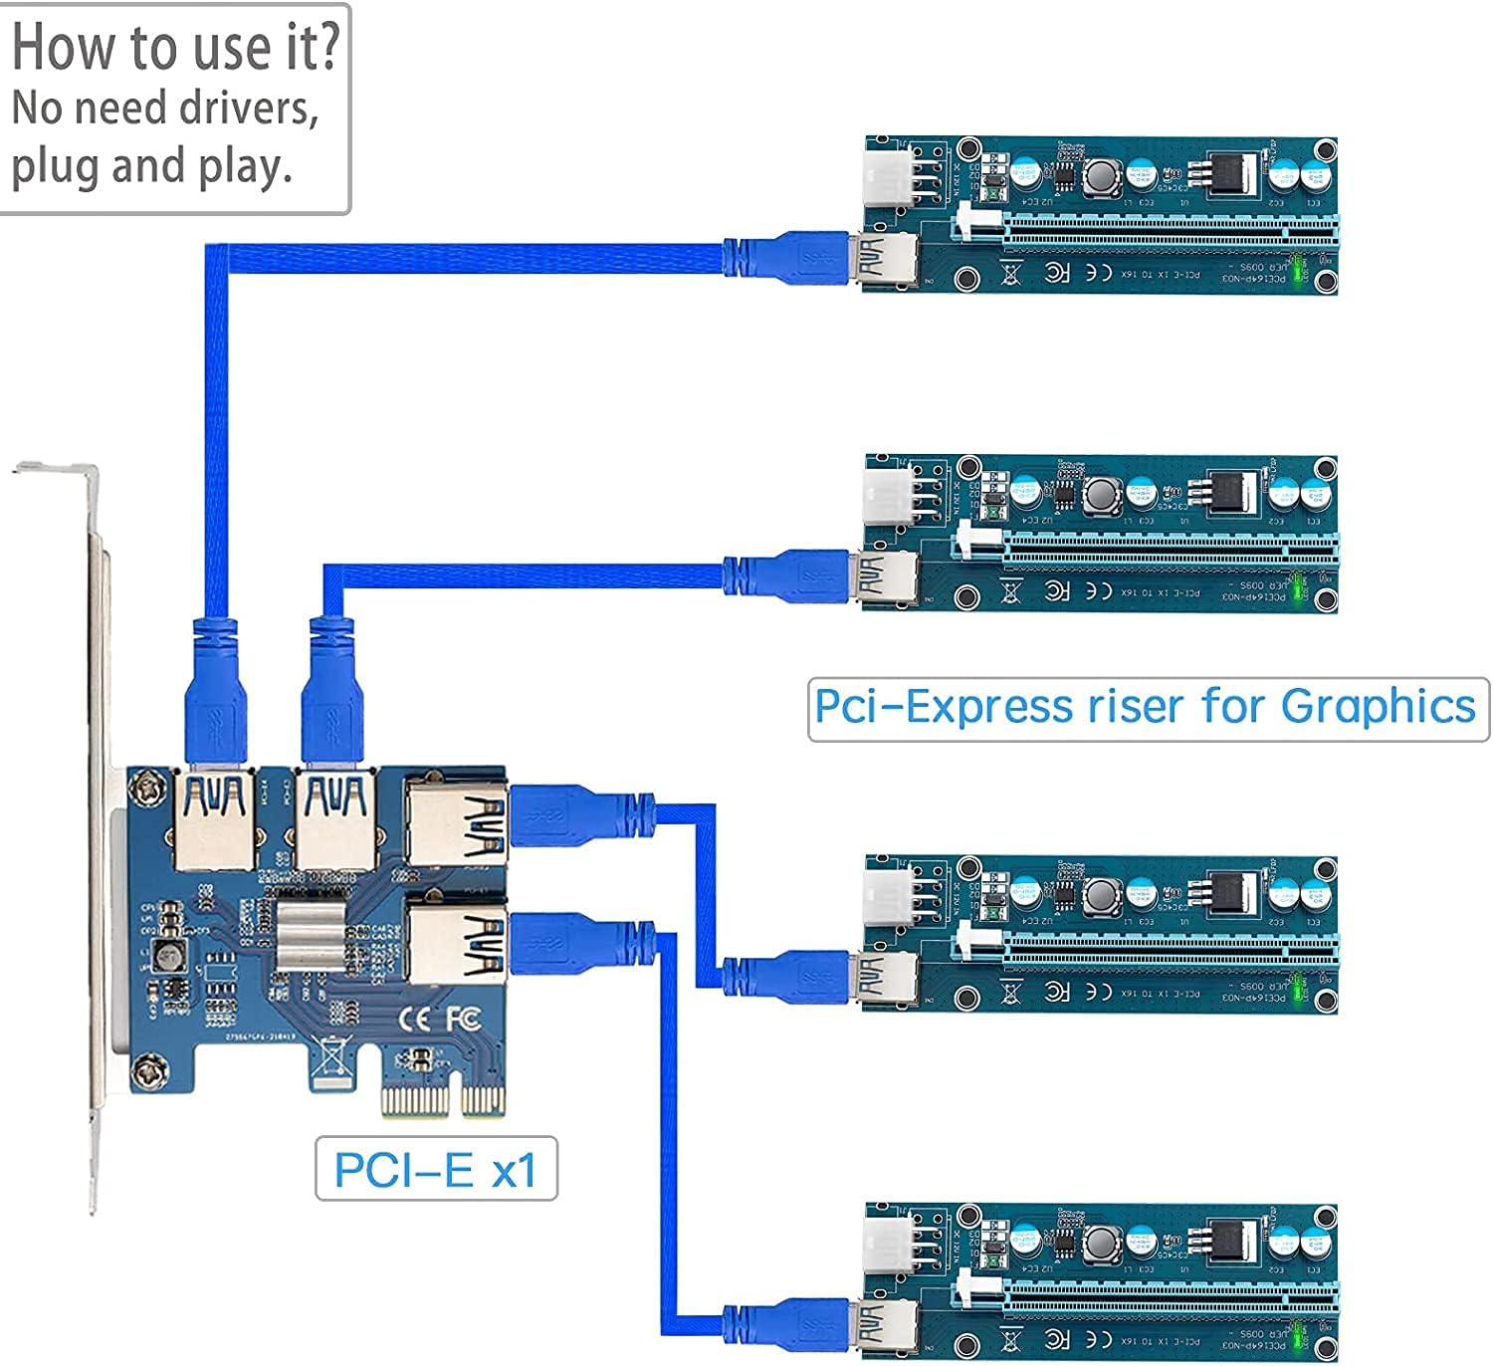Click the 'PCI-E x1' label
[435, 1170]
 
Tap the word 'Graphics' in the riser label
[1378, 708]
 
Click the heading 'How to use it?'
[175, 48]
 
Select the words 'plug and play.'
[151, 166]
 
